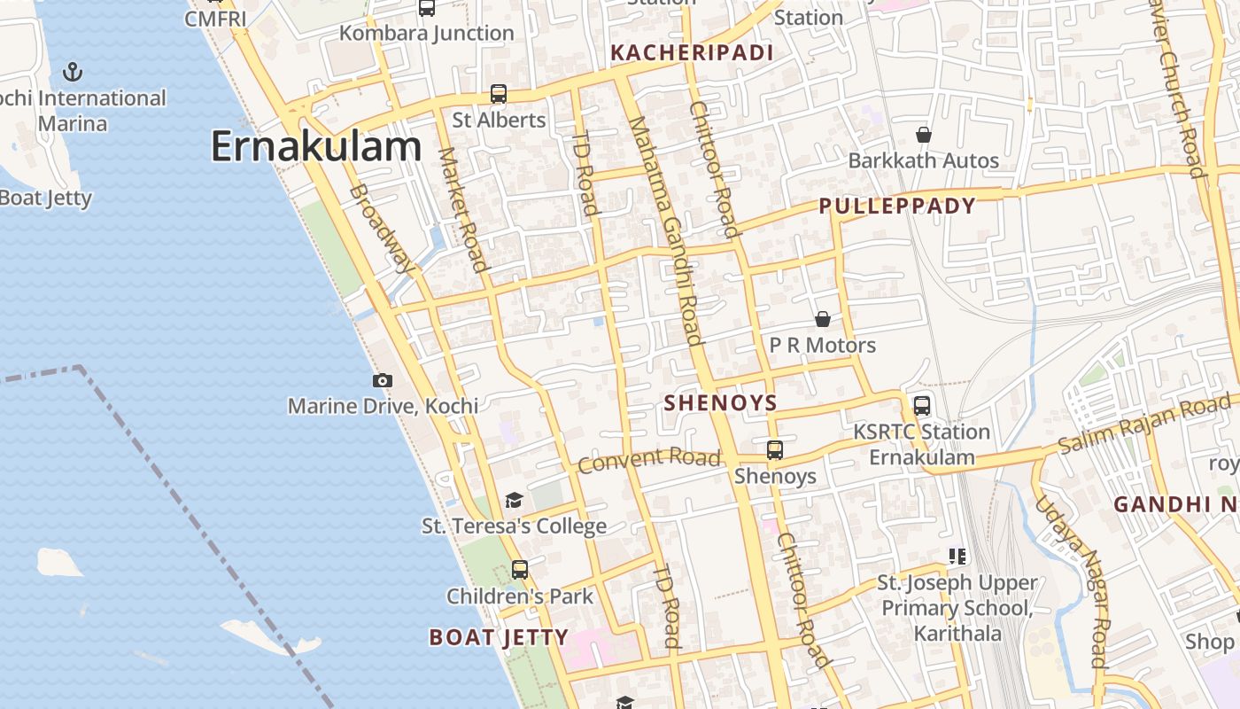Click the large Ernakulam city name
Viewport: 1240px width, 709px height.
point(315,147)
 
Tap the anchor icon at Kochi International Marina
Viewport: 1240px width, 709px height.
point(73,72)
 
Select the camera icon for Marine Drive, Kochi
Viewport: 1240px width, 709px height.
point(383,380)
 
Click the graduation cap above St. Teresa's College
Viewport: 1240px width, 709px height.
point(514,501)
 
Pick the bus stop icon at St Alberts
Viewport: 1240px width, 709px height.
point(499,94)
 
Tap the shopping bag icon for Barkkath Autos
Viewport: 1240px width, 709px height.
point(924,135)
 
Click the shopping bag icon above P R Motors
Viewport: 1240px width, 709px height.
point(823,319)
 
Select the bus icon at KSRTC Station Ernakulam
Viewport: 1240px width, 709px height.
point(922,406)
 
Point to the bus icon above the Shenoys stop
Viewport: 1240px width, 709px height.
point(775,450)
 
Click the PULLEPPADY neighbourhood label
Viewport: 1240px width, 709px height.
point(896,206)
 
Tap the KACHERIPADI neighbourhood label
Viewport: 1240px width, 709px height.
point(692,53)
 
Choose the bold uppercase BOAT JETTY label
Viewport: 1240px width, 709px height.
point(499,637)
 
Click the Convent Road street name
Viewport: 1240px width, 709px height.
point(649,460)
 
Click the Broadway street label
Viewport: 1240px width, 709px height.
point(382,228)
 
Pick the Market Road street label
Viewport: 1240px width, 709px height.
point(462,209)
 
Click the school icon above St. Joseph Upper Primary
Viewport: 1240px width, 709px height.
point(957,557)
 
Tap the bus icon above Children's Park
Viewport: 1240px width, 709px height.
point(520,570)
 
